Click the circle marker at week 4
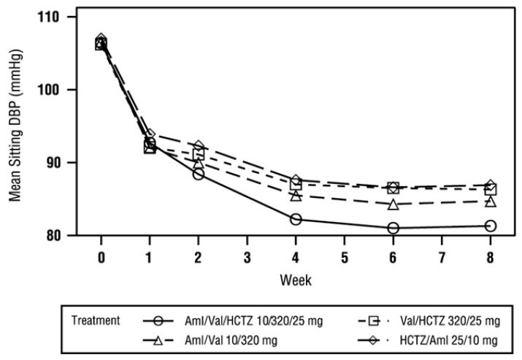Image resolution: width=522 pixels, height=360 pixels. coord(296,219)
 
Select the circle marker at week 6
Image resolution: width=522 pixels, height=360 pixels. coord(393,228)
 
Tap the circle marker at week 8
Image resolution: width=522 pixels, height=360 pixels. coord(490,226)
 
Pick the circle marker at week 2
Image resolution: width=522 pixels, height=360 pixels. coord(199,174)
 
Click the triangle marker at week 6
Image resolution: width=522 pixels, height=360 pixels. coord(393,204)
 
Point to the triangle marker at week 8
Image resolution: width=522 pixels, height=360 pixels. coord(490,201)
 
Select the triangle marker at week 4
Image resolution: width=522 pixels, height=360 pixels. coord(296,195)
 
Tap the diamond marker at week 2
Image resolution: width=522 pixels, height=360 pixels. coord(199,147)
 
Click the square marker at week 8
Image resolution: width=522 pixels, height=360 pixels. coord(490,190)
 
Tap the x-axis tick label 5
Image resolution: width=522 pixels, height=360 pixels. coord(344,259)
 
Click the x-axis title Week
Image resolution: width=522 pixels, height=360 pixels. coord(295,280)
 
